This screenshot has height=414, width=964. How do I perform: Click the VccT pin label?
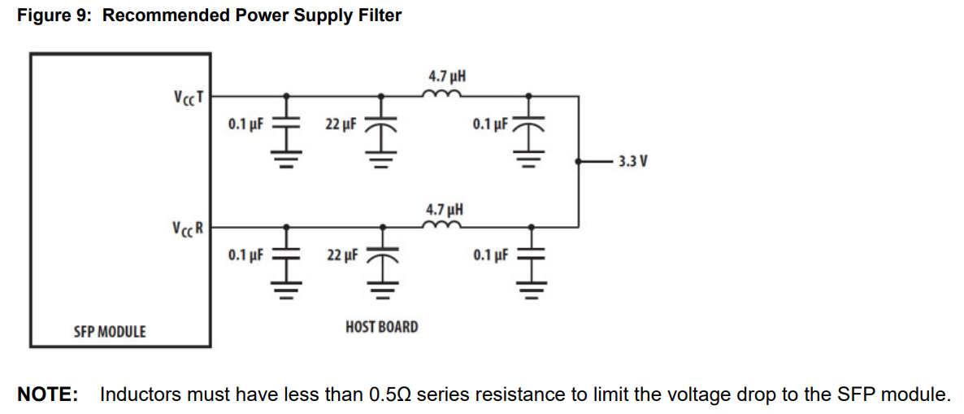(x=187, y=97)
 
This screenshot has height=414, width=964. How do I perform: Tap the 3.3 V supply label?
(x=632, y=162)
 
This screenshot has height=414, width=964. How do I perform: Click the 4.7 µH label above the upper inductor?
(x=446, y=77)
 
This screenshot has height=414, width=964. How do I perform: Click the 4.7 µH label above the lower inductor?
(x=445, y=209)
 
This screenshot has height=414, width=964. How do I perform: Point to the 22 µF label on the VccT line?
(x=341, y=124)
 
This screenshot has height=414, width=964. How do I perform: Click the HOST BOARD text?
(x=382, y=327)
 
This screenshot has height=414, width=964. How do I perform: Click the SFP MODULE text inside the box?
(x=110, y=332)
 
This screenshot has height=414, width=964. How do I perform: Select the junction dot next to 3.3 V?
(x=578, y=162)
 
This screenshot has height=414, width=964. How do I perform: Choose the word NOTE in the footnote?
(x=47, y=395)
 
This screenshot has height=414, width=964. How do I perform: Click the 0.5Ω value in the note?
(x=392, y=395)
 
